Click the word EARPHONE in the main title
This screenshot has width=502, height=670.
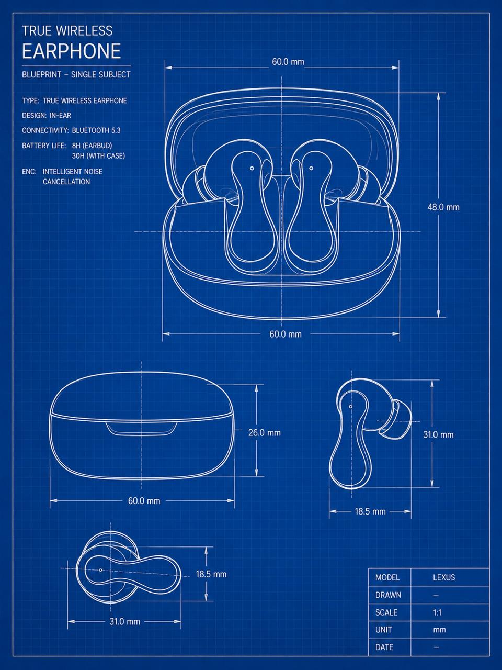(x=71, y=51)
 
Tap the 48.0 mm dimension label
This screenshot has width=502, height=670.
(x=443, y=207)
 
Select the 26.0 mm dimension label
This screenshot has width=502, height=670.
(x=264, y=432)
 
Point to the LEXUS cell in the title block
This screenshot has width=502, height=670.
(x=444, y=577)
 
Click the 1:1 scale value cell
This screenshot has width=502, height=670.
(x=437, y=612)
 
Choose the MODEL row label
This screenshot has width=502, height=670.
(x=387, y=577)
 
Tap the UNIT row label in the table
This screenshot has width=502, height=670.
(x=383, y=630)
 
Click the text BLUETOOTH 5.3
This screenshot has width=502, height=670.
(x=96, y=130)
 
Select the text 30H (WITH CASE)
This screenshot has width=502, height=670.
(x=98, y=155)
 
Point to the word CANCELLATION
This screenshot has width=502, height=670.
(x=66, y=182)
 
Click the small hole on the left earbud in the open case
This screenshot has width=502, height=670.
(x=252, y=168)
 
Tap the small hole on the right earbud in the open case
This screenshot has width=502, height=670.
(x=311, y=168)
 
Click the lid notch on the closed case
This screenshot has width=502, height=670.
(x=142, y=429)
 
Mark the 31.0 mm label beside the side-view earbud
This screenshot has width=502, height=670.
(x=438, y=434)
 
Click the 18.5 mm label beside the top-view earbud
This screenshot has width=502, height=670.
(x=211, y=574)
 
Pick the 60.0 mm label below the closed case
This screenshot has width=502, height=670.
(x=144, y=501)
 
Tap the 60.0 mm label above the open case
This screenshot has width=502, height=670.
(x=288, y=62)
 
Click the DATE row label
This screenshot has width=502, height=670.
(x=384, y=647)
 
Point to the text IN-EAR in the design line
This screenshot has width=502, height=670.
(x=60, y=115)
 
